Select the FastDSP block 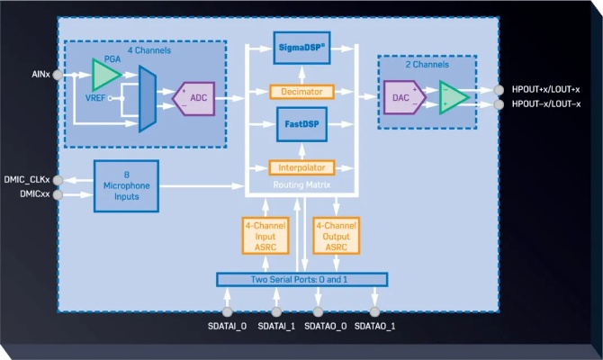tap(301, 123)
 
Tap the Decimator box tap(301, 92)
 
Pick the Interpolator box tap(301, 167)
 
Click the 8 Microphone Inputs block tap(126, 186)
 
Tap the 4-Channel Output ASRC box tap(334, 235)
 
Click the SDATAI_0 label tap(228, 325)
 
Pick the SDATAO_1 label tap(373, 325)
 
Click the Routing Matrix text tap(301, 184)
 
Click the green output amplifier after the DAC tap(453, 97)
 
